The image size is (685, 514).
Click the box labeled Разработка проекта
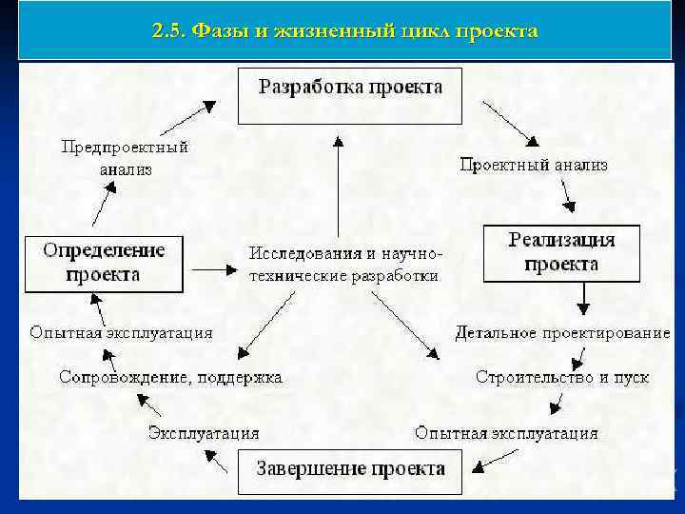coord(349,94)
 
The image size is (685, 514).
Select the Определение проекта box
coord(104,262)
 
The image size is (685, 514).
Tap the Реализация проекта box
coord(561,252)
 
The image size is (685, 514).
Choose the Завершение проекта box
coord(350,470)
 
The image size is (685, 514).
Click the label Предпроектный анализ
coord(125,158)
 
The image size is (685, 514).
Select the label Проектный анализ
coord(534,165)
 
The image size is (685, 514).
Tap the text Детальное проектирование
coord(562,333)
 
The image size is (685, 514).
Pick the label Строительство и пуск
coord(562,377)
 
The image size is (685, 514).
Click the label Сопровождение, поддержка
coord(170,377)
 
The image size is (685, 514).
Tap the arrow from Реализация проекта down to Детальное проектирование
coord(582,299)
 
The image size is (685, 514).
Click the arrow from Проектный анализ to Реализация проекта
coord(567,197)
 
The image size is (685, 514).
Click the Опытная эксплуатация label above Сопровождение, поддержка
coord(121,333)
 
